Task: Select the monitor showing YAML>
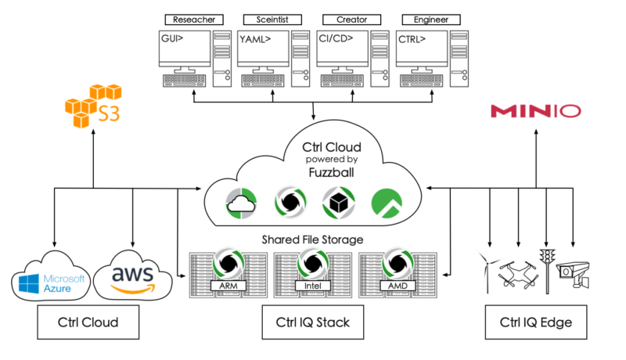[264, 47]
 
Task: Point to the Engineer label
[424, 19]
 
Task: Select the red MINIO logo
[536, 111]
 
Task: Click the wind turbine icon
[486, 271]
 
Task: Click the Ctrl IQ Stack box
[313, 322]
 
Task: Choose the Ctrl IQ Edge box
[535, 322]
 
